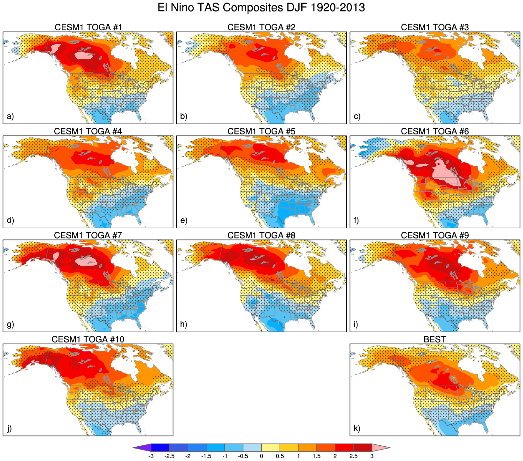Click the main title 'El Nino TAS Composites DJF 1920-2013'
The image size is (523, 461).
(261, 8)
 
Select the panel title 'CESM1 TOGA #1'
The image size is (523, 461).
(88, 27)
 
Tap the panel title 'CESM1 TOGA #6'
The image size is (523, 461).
(435, 132)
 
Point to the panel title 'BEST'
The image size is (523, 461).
(435, 339)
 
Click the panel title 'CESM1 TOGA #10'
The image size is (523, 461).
(88, 339)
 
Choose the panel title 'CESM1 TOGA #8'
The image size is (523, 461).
(261, 236)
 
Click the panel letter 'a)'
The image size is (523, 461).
(11, 116)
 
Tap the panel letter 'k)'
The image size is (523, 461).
(357, 428)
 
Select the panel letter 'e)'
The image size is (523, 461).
(184, 220)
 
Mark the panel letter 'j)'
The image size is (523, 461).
(10, 428)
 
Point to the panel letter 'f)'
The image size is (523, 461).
(357, 220)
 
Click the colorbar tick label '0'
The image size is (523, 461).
(261, 456)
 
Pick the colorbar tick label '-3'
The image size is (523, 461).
(151, 456)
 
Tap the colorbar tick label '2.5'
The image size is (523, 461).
(353, 456)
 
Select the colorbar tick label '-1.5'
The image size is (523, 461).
(206, 456)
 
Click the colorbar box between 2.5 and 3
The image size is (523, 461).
(363, 448)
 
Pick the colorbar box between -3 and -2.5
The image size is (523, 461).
(160, 448)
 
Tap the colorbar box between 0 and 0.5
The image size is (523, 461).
(271, 448)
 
